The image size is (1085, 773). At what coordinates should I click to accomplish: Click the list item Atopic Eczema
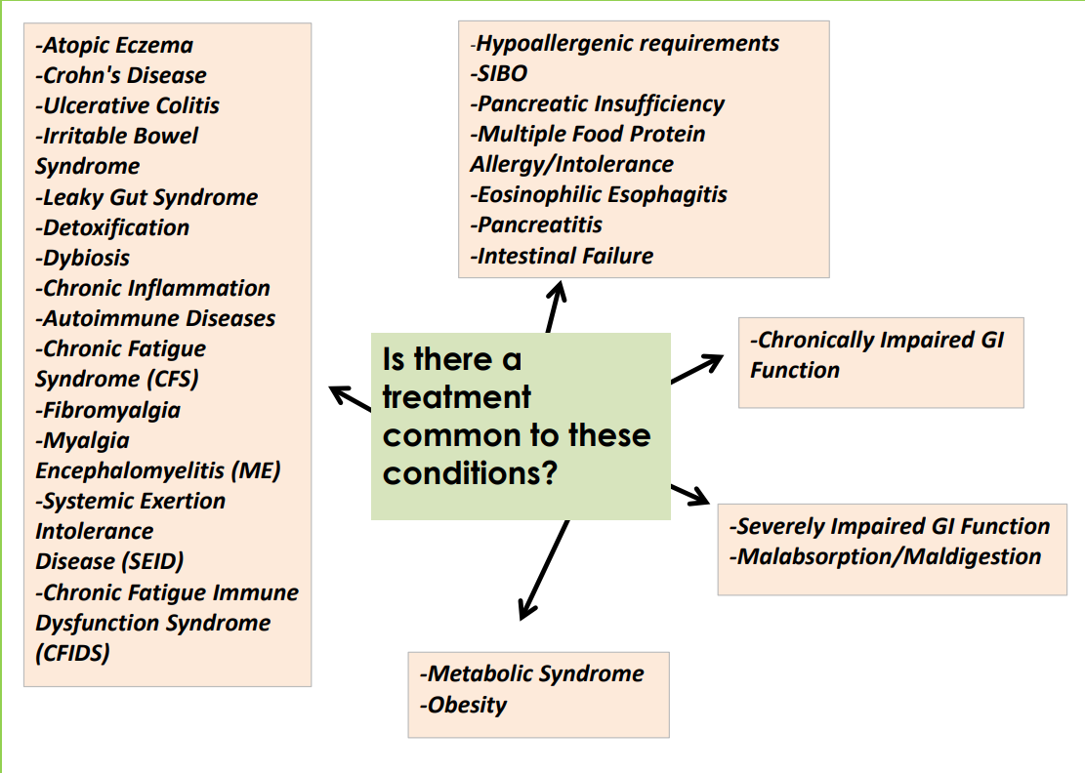click(114, 45)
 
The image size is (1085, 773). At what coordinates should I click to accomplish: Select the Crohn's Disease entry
click(121, 75)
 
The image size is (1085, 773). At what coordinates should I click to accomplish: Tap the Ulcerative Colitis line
click(128, 105)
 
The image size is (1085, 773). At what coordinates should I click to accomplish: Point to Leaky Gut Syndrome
click(146, 197)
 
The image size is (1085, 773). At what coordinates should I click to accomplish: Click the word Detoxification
click(113, 227)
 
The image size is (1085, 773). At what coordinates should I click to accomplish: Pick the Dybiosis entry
click(83, 258)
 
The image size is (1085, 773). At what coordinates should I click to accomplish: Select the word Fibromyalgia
click(108, 410)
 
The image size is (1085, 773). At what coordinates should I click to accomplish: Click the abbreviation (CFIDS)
click(72, 653)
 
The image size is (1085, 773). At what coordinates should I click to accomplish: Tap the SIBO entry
click(499, 73)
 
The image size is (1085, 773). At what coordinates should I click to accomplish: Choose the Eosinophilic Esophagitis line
click(599, 194)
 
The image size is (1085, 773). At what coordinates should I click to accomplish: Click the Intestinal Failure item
click(562, 256)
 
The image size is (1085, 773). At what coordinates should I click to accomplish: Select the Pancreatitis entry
click(536, 224)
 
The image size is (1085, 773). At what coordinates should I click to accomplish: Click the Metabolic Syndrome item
click(532, 673)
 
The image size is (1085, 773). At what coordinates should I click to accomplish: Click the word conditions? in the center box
click(470, 473)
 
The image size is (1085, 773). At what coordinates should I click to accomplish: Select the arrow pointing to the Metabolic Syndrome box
click(543, 570)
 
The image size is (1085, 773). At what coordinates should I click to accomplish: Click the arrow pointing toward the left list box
click(350, 399)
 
